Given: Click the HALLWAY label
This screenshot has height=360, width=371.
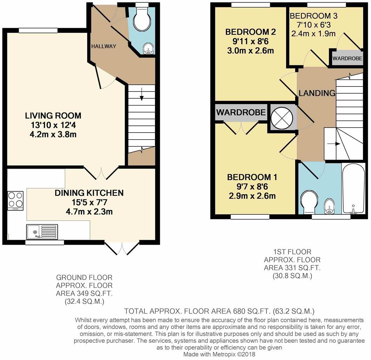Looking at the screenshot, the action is (x=104, y=46).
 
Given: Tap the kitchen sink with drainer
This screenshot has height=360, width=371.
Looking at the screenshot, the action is (x=42, y=232).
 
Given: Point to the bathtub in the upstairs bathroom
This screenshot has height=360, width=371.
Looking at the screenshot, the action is (x=353, y=189).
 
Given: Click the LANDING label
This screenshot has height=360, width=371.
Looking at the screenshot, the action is (x=317, y=93).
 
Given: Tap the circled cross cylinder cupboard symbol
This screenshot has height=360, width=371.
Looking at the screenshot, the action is (x=282, y=118).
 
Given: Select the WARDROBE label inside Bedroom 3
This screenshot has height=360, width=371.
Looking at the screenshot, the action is (x=347, y=58).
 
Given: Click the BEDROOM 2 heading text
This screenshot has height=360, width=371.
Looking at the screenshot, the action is (x=250, y=32).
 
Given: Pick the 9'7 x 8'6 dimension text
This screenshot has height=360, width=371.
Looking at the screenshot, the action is (x=252, y=187).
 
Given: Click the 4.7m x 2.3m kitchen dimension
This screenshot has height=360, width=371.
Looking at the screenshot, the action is (x=89, y=212).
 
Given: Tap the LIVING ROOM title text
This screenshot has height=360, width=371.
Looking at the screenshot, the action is (x=53, y=116).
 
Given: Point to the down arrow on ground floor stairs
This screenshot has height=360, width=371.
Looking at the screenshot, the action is (x=142, y=94).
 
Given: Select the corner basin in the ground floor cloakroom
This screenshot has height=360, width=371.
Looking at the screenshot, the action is (x=148, y=49).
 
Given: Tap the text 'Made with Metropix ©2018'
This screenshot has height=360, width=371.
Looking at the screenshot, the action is (x=219, y=354).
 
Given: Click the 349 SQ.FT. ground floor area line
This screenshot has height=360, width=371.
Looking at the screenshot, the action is (x=84, y=294).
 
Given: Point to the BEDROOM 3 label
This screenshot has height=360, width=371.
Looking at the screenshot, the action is (x=313, y=16).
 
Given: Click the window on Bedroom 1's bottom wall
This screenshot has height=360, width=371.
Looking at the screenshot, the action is (x=250, y=217).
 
